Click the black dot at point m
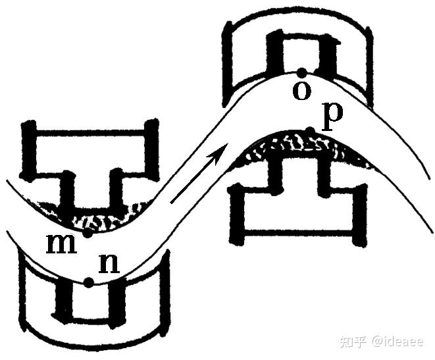pyautogui.click(x=88, y=233)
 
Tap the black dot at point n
pyautogui.click(x=88, y=282)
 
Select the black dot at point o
pyautogui.click(x=301, y=72)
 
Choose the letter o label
pyautogui.click(x=301, y=91)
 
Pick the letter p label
pyautogui.click(x=334, y=114)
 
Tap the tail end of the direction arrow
pyautogui.click(x=172, y=201)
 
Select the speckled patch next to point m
pyautogui.click(x=105, y=217)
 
